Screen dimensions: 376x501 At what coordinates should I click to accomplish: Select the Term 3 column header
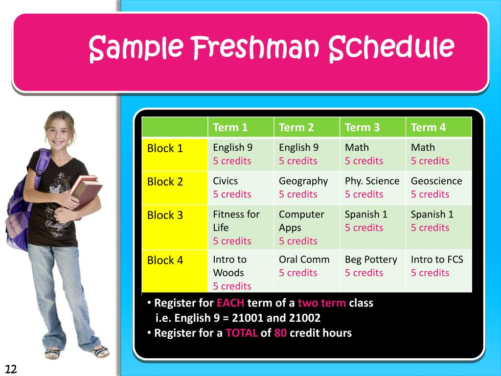pyautogui.click(x=362, y=128)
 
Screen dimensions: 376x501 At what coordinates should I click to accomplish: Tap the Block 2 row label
pyautogui.click(x=165, y=182)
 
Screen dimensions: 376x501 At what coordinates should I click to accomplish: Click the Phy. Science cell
pyautogui.click(x=372, y=188)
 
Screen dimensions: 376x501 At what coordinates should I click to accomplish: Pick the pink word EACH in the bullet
pyautogui.click(x=230, y=303)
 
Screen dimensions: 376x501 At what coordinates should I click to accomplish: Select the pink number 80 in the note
pyautogui.click(x=280, y=333)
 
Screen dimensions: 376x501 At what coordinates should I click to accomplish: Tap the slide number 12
pyautogui.click(x=11, y=369)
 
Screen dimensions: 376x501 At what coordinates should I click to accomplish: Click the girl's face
pyautogui.click(x=59, y=132)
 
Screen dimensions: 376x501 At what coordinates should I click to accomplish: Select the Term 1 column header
pyautogui.click(x=230, y=128)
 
